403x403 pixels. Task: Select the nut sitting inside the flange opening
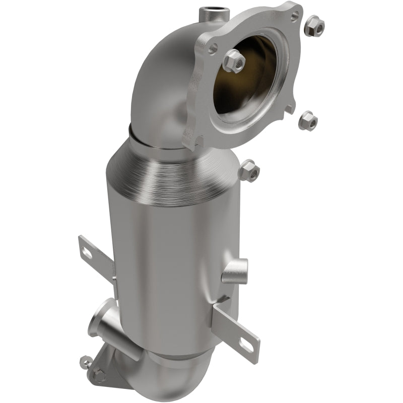coord(233,61)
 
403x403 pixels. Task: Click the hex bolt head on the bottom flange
coord(99,376)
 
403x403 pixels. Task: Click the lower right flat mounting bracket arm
coord(237,327)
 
